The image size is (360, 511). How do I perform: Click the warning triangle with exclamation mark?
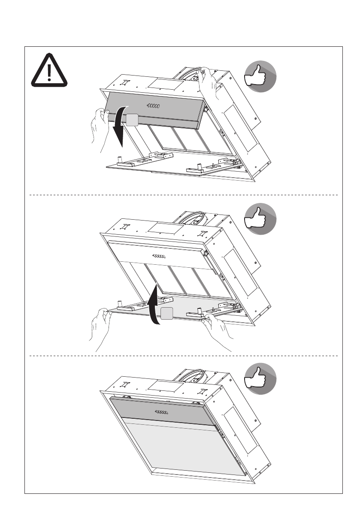[49, 70]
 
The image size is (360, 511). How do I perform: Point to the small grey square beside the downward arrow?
[132, 120]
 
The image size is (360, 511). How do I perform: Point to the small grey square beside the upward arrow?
[167, 314]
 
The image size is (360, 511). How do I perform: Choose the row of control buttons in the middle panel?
[160, 256]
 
